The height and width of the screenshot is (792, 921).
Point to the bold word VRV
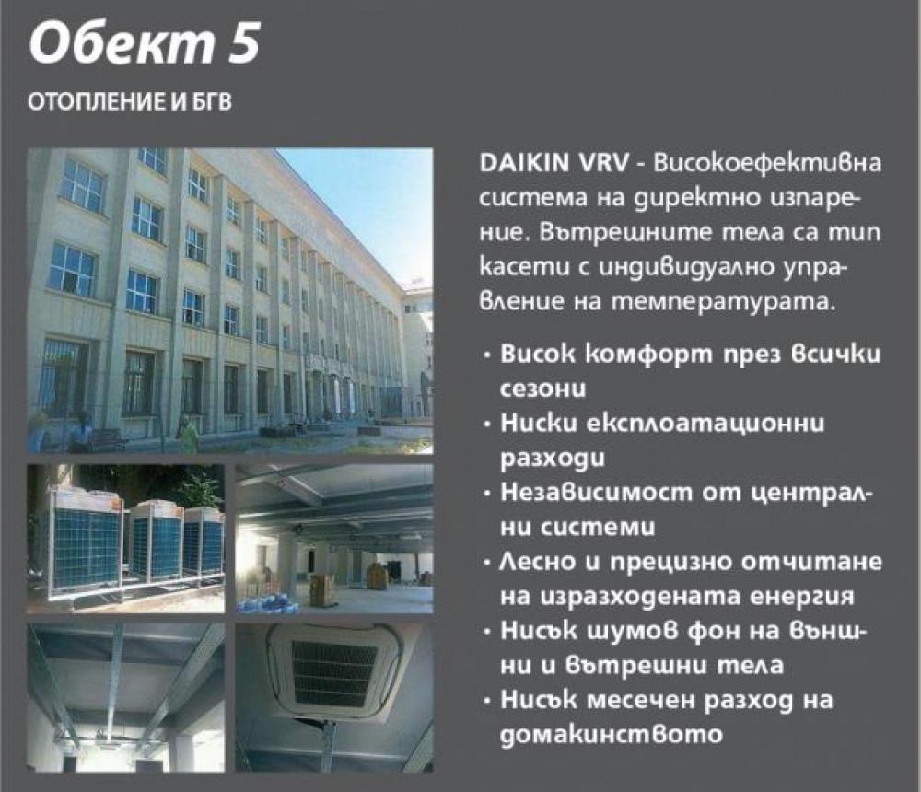point(603,162)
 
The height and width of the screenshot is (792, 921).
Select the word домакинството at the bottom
point(608,734)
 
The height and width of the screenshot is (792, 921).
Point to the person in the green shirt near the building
point(188,433)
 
